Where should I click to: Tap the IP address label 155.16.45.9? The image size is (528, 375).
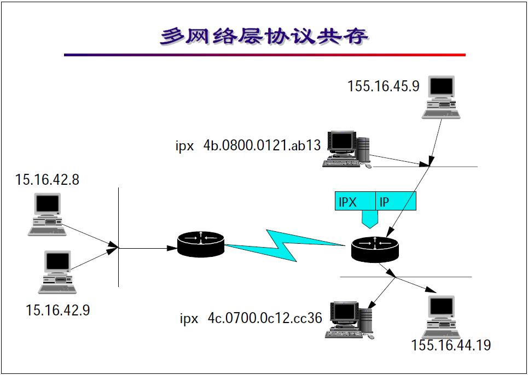(x=383, y=86)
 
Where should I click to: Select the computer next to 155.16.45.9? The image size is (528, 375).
(x=441, y=97)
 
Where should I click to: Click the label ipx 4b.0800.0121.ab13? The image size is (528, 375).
(x=248, y=146)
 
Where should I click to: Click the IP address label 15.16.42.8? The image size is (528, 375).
(x=47, y=179)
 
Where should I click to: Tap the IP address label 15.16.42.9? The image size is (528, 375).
(x=57, y=310)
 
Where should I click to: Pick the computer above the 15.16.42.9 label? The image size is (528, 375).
(x=57, y=272)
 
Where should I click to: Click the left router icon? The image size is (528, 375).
(x=201, y=244)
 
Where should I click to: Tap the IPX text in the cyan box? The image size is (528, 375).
(x=347, y=202)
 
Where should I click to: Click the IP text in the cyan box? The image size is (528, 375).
(x=385, y=202)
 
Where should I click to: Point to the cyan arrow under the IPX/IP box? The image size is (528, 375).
(x=369, y=220)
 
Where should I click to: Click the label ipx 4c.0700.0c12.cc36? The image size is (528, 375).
(x=251, y=318)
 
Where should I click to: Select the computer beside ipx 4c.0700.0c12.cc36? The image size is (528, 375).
(x=349, y=320)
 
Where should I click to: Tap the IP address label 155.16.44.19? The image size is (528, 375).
(x=451, y=345)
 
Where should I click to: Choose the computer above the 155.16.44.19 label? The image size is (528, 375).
(x=441, y=317)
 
